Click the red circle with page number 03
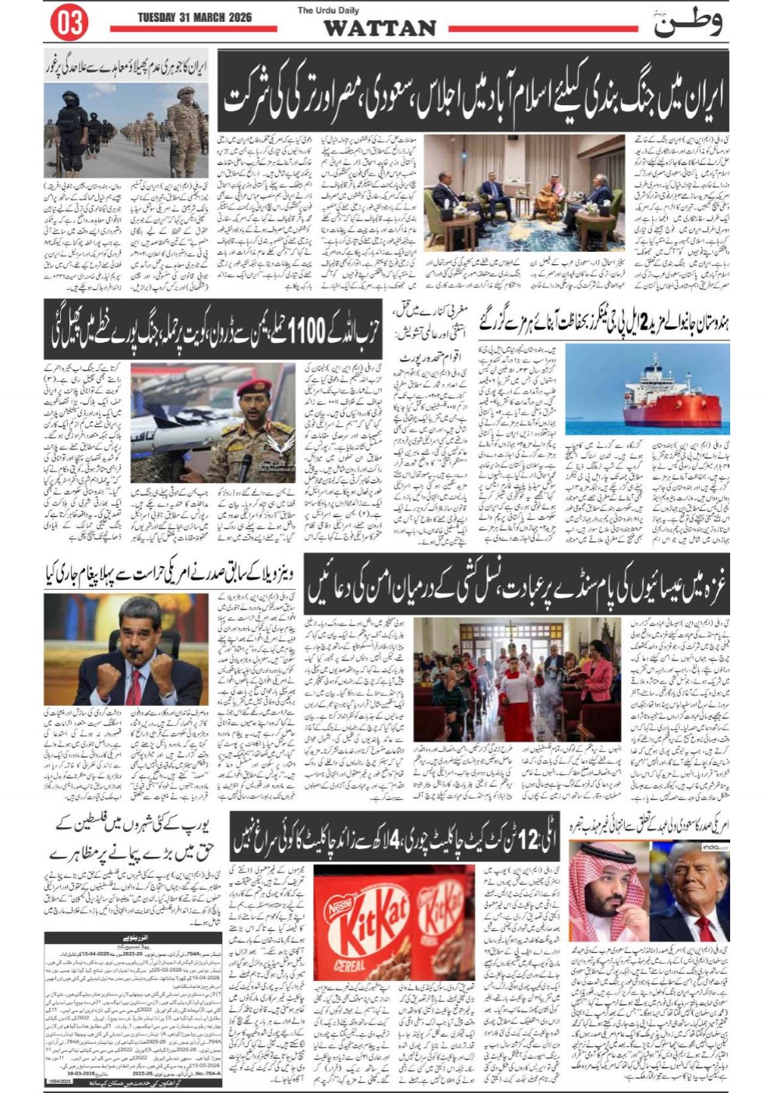click(x=69, y=23)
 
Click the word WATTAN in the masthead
click(x=379, y=28)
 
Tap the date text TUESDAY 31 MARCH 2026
click(x=194, y=17)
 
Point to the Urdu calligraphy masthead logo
click(x=687, y=23)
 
